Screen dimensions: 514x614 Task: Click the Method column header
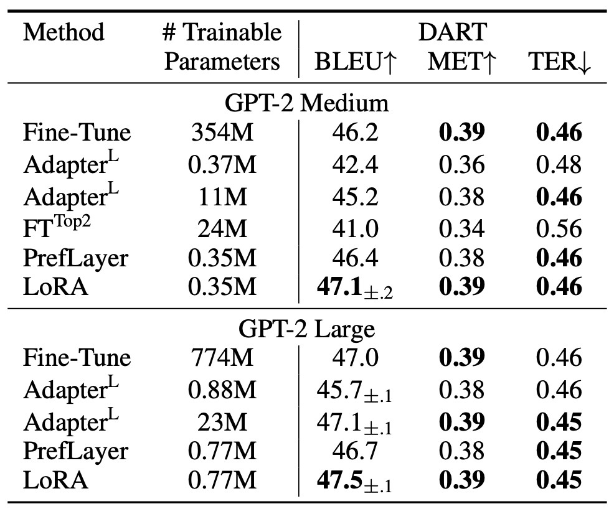click(x=64, y=32)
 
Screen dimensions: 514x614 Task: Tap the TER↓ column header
click(x=557, y=62)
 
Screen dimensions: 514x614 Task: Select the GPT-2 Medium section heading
click(x=307, y=103)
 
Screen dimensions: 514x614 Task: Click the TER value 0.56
click(x=558, y=228)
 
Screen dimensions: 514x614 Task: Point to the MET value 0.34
click(x=461, y=228)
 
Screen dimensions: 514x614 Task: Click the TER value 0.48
click(x=558, y=164)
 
